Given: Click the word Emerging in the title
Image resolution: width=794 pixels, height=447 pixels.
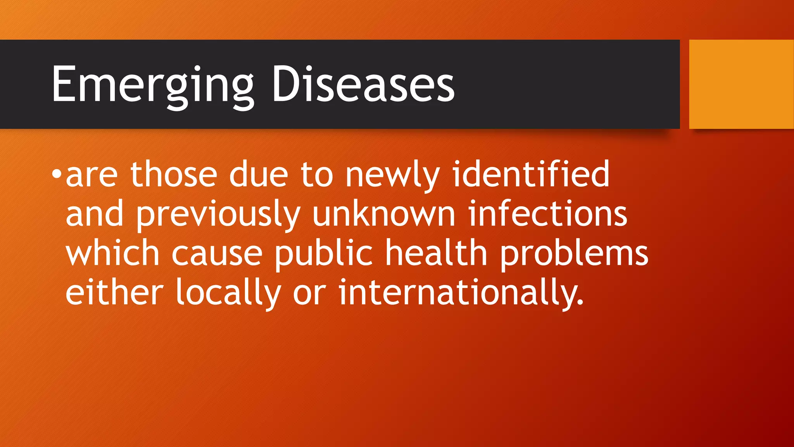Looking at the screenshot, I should (x=152, y=85).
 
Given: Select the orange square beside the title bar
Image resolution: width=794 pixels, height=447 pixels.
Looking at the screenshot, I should (x=741, y=84).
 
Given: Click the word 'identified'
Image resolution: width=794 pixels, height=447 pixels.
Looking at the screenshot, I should (x=531, y=174).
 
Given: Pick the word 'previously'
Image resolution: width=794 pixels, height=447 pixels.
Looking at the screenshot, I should (x=218, y=215).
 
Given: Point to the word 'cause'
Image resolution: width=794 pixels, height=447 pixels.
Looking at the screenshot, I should (x=217, y=255).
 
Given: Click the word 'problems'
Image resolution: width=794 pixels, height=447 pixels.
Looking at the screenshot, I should (x=574, y=254).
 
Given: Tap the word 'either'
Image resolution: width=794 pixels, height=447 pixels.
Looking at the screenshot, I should (x=114, y=293).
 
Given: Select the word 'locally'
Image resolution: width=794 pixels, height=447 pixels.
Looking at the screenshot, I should (x=228, y=293).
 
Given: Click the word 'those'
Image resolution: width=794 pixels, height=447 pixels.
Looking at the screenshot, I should (x=174, y=175).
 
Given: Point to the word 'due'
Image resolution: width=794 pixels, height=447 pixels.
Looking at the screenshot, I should (x=259, y=175).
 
